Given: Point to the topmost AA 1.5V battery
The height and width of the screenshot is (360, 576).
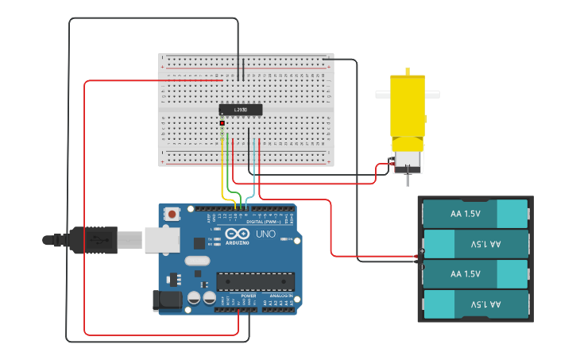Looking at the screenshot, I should tap(475, 213).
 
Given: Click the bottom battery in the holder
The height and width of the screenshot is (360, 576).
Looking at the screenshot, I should tap(475, 304).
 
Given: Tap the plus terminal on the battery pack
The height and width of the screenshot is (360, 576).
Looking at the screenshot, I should tap(422, 253).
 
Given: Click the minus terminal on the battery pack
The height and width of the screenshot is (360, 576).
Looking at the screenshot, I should tap(422, 262).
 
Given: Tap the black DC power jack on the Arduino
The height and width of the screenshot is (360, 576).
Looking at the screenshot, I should tap(165, 300).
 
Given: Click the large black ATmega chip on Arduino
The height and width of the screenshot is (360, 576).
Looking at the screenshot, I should tap(255, 281).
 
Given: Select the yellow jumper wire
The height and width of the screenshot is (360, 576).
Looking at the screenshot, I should tap(222, 175).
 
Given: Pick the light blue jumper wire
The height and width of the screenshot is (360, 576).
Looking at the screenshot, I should tap(253, 183).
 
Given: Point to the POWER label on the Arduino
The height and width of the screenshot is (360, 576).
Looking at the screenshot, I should tap(248, 296).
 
